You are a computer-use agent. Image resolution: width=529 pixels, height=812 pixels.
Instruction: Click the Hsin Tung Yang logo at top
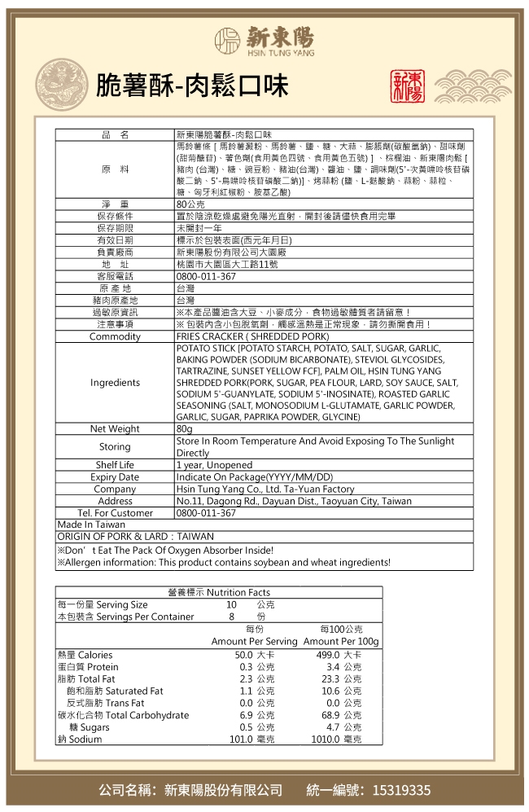point(264,37)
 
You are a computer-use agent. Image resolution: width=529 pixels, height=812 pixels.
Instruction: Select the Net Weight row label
point(115,428)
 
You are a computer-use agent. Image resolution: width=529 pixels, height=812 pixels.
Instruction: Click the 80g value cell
point(184,428)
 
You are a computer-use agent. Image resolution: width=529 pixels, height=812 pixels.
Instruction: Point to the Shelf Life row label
point(115,465)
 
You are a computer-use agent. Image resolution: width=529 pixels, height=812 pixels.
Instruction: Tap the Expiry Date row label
point(115,477)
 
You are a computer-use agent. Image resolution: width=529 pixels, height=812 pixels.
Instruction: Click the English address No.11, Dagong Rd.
point(294,502)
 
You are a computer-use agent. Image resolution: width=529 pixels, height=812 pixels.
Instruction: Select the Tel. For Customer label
point(115,513)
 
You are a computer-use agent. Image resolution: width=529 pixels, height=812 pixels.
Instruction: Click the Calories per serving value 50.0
point(243,656)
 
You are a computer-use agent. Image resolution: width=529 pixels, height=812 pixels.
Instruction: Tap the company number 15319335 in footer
point(400,791)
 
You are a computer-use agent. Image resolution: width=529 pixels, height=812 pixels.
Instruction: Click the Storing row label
point(115,446)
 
